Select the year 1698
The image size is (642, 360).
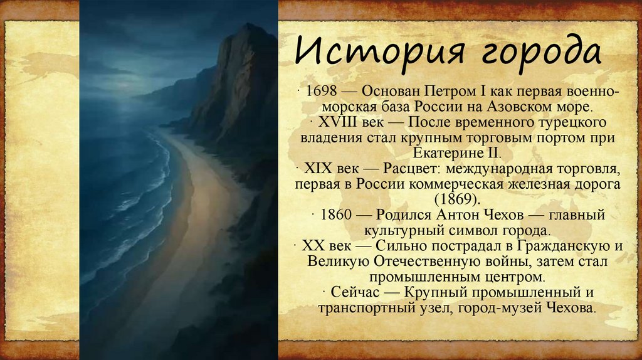coord(320,92)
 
